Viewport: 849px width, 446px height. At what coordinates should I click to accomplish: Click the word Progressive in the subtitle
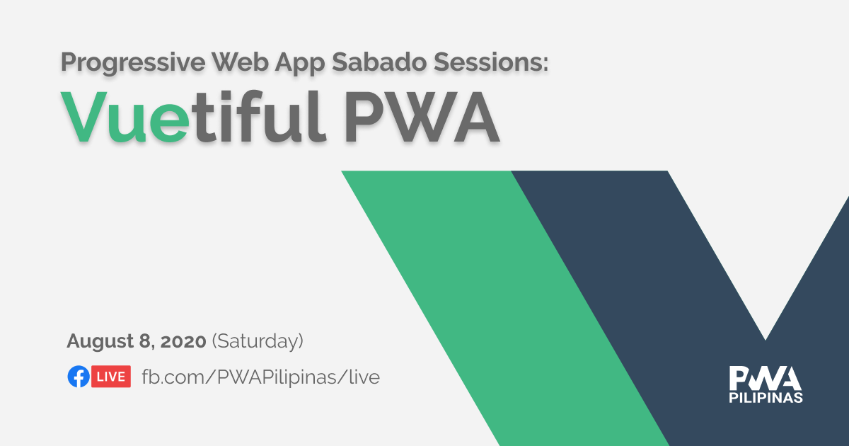point(133,62)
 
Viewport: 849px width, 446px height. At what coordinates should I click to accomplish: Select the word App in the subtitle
point(300,63)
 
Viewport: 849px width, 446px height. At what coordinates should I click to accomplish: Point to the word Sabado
point(379,62)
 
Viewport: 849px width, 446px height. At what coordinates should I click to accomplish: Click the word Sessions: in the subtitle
point(491,62)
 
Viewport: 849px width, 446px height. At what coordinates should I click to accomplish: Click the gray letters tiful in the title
point(259,115)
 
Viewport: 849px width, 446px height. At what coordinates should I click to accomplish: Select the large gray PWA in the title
point(421,117)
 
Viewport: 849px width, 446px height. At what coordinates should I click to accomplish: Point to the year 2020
point(183,341)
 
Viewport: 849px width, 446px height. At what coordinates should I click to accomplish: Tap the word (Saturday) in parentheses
point(258,341)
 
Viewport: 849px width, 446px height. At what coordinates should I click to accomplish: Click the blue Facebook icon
point(79,376)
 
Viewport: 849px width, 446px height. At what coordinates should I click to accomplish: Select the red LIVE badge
point(111,376)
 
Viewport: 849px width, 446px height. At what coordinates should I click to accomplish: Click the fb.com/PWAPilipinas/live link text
point(261,377)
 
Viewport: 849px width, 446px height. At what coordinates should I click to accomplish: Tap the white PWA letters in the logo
point(766,378)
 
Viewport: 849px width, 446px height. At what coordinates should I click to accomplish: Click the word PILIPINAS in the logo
point(766,398)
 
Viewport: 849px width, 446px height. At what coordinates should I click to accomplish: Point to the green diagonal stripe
point(504,308)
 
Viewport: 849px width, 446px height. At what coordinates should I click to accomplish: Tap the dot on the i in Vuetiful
point(226,94)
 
